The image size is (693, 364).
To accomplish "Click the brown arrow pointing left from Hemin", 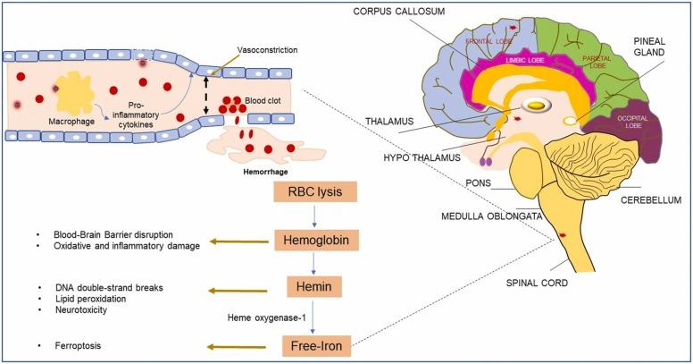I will pos(240,289).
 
